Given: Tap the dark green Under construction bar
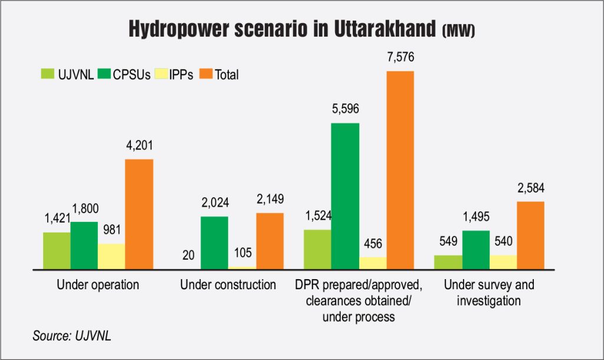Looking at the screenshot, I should [215, 243].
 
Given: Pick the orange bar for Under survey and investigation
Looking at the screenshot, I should [530, 235].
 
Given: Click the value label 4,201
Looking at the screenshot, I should [139, 146].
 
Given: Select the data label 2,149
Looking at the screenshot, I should [270, 199].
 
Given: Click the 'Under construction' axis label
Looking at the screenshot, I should [228, 285].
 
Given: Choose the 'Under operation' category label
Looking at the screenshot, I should [98, 285].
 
